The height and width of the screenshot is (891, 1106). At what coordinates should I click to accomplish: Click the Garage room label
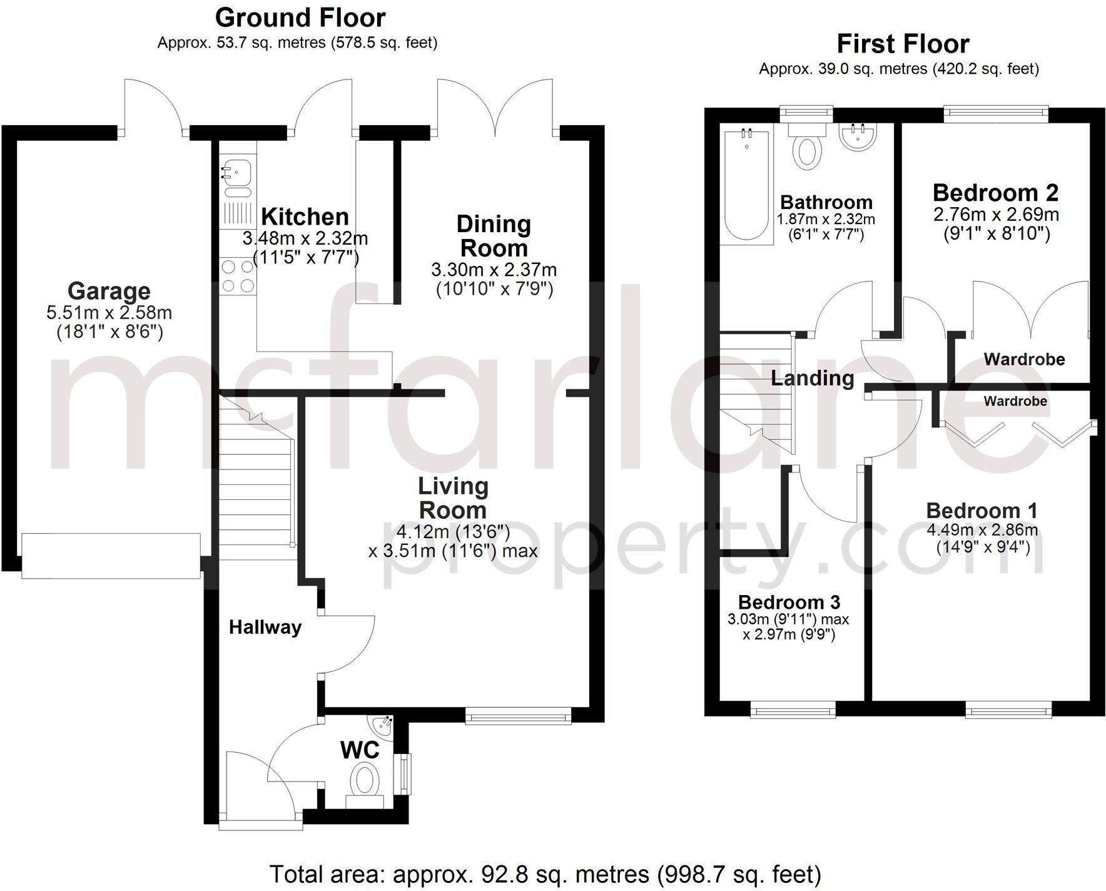click(109, 291)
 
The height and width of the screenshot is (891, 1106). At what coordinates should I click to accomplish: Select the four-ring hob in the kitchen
click(238, 276)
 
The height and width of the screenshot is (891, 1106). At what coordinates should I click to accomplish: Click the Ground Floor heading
click(300, 18)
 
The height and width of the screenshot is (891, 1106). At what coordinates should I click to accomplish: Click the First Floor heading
click(903, 44)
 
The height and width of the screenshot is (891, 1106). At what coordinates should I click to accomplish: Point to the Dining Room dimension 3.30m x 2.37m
click(494, 270)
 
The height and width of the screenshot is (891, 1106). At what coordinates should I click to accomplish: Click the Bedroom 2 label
click(995, 193)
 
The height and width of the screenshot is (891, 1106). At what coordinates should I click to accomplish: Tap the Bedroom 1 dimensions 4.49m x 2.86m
click(982, 530)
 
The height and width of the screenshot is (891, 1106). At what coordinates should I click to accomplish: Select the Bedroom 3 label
click(789, 602)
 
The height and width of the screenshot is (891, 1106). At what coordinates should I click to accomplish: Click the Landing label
click(812, 378)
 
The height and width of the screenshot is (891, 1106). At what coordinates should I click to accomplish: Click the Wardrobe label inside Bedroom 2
click(1024, 359)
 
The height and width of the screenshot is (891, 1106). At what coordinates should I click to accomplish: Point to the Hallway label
click(265, 627)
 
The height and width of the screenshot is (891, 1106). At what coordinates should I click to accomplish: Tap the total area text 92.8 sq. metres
click(545, 874)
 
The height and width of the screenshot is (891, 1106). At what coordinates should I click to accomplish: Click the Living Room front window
click(519, 716)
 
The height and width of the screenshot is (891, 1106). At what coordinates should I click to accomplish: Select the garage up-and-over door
click(111, 555)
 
